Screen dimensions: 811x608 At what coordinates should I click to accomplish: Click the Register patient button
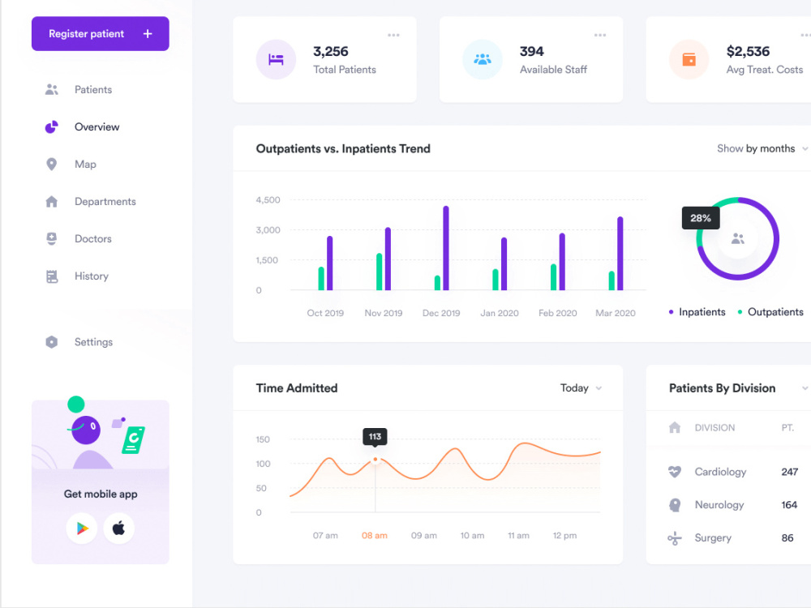pos(101,33)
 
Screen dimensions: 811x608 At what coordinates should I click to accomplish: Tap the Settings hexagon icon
pos(52,342)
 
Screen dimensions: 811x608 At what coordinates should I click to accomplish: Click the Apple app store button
pos(119,528)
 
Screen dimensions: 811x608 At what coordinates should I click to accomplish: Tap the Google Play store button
pos(82,528)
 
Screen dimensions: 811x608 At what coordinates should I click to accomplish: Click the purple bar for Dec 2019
pos(446,248)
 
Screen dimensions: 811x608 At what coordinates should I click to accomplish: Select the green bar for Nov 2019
pos(379,272)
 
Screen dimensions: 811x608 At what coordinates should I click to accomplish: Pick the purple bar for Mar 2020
pos(620,253)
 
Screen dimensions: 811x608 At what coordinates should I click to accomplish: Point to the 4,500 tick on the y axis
pos(268,200)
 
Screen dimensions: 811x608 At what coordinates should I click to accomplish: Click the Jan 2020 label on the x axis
pos(500,313)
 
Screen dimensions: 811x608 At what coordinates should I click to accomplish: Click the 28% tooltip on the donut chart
pos(701,218)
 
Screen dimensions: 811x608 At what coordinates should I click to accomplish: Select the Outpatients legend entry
pos(770,312)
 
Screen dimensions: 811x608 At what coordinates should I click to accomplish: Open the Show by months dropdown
pos(762,149)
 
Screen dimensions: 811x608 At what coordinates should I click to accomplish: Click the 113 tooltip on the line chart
pos(375,437)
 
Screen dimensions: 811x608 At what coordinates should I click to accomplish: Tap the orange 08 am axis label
pos(375,536)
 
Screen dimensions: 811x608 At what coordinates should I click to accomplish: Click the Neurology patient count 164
pos(789,504)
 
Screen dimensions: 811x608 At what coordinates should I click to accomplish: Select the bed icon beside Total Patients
pos(277,59)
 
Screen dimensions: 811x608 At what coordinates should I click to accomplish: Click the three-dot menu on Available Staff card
pos(600,35)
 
